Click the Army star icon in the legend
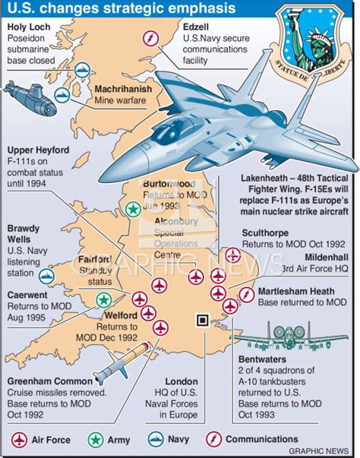tap(95, 439)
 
